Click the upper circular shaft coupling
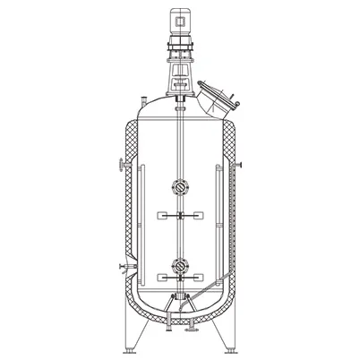180,188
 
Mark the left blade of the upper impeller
165,216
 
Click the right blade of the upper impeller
196,216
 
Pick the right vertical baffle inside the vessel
219,224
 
